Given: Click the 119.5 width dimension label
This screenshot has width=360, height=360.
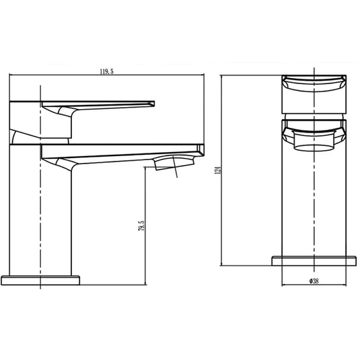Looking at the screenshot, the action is tap(106, 71).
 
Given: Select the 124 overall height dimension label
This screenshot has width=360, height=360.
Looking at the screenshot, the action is tap(217, 170).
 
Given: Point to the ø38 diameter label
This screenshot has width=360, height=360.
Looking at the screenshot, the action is tap(314, 281).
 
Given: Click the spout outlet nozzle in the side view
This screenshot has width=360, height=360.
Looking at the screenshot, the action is tap(174, 163).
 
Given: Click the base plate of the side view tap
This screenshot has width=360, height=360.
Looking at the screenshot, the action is tap(40, 281).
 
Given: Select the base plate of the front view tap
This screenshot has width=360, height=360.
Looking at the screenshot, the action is tap(314, 261).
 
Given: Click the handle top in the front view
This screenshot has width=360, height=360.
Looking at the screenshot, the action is tap(314, 94).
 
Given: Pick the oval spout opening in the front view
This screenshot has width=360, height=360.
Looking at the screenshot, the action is tap(314, 148).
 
